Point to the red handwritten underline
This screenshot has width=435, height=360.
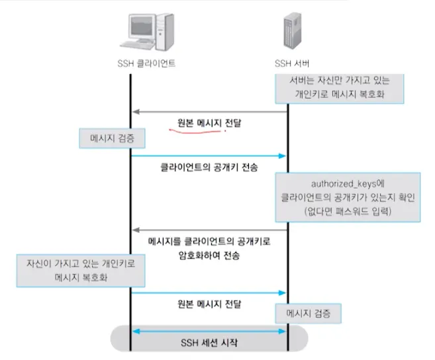(195, 131)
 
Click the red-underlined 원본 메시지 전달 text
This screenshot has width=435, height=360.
(209, 122)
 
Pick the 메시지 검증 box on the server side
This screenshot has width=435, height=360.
(309, 311)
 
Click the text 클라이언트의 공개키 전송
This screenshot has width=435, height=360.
(209, 169)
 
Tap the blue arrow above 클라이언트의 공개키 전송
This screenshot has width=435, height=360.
(209, 156)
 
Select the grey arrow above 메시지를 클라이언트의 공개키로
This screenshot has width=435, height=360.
(209, 229)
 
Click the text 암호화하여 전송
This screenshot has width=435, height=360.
(209, 255)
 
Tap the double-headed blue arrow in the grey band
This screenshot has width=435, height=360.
(209, 331)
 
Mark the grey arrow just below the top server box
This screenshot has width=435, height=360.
(209, 112)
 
